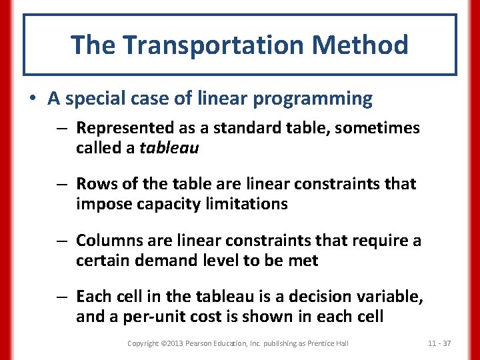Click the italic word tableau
(x=169, y=147)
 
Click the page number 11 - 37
(x=439, y=343)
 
